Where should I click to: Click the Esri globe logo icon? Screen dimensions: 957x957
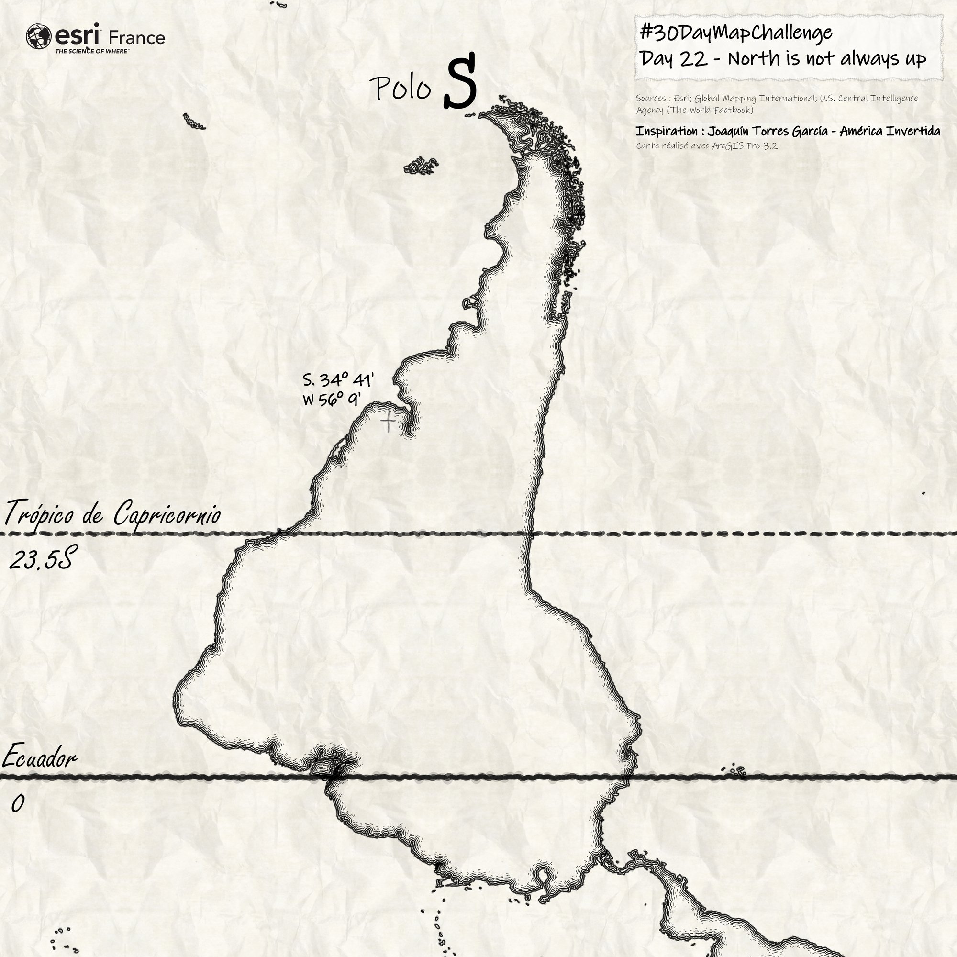(39, 37)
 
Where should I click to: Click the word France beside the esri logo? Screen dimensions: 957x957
(136, 38)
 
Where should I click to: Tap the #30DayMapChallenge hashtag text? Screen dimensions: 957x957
(736, 33)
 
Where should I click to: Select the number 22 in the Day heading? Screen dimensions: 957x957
(693, 59)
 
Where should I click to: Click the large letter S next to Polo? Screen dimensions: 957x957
(460, 82)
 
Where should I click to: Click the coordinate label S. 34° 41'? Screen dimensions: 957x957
(338, 380)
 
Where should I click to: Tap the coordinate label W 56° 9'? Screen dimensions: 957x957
(332, 399)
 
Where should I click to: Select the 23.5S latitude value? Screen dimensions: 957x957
(42, 559)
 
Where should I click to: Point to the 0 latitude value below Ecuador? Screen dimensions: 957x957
(18, 803)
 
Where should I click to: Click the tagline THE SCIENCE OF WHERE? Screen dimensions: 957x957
(92, 51)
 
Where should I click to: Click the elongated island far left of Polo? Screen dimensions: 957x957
(194, 122)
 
